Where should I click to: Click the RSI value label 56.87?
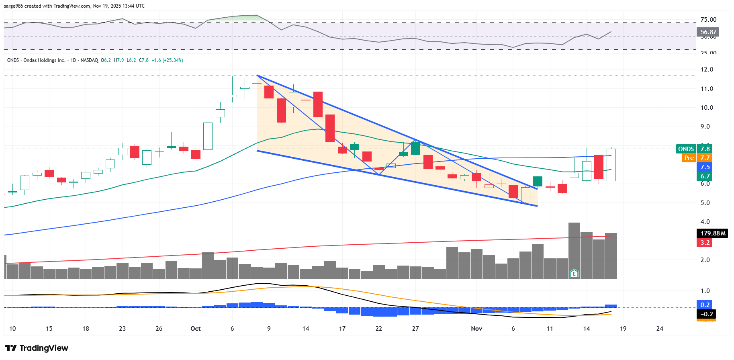click(x=708, y=32)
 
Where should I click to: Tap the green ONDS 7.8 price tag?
click(x=694, y=149)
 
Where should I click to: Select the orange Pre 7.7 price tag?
click(x=697, y=158)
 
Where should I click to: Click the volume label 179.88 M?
click(x=712, y=233)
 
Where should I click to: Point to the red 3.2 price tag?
click(x=705, y=243)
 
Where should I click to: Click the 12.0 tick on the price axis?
click(x=707, y=70)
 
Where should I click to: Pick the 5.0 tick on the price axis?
click(x=705, y=203)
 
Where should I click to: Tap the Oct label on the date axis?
click(x=196, y=329)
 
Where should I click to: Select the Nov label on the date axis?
click(x=476, y=329)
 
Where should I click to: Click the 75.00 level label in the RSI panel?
click(x=708, y=20)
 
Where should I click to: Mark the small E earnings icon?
click(x=574, y=274)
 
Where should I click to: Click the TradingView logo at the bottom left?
click(x=37, y=348)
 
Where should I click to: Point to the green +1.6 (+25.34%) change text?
click(x=167, y=60)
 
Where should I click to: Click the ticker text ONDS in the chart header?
click(x=13, y=60)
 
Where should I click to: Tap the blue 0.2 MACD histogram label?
click(x=705, y=305)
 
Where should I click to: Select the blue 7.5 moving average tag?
click(x=705, y=167)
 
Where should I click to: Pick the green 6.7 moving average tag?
click(x=705, y=176)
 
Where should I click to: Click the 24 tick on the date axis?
click(x=660, y=329)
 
